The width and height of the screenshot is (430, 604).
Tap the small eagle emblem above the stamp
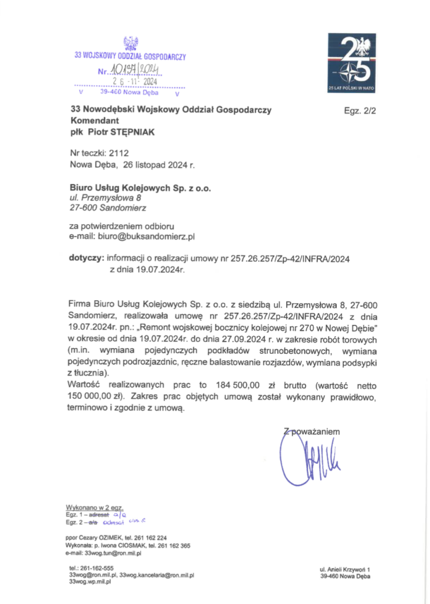coord(130,43)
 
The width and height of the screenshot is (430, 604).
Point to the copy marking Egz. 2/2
coord(360,110)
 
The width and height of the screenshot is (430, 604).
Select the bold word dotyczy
coord(87,258)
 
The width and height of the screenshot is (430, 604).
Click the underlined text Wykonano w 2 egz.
coord(90,507)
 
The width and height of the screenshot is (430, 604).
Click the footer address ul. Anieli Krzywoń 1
coord(344,569)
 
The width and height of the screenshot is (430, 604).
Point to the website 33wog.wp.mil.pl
coord(90,582)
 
